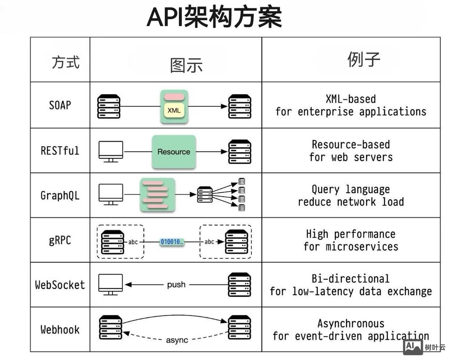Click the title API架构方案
click(214, 18)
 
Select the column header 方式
click(66, 62)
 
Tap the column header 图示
click(186, 65)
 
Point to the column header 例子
click(364, 59)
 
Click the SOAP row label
click(60, 105)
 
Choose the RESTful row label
click(60, 150)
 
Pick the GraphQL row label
click(60, 196)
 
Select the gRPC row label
click(60, 240)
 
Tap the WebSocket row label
click(60, 285)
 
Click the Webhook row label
click(60, 329)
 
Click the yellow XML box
click(174, 110)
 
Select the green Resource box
click(174, 152)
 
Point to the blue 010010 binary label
click(171, 242)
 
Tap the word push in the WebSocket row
click(176, 285)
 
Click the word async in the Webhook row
click(177, 340)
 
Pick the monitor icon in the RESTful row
click(111, 151)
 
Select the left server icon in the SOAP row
click(109, 106)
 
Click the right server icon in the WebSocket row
click(239, 285)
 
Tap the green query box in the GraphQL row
click(157, 195)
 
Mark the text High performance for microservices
click(351, 240)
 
